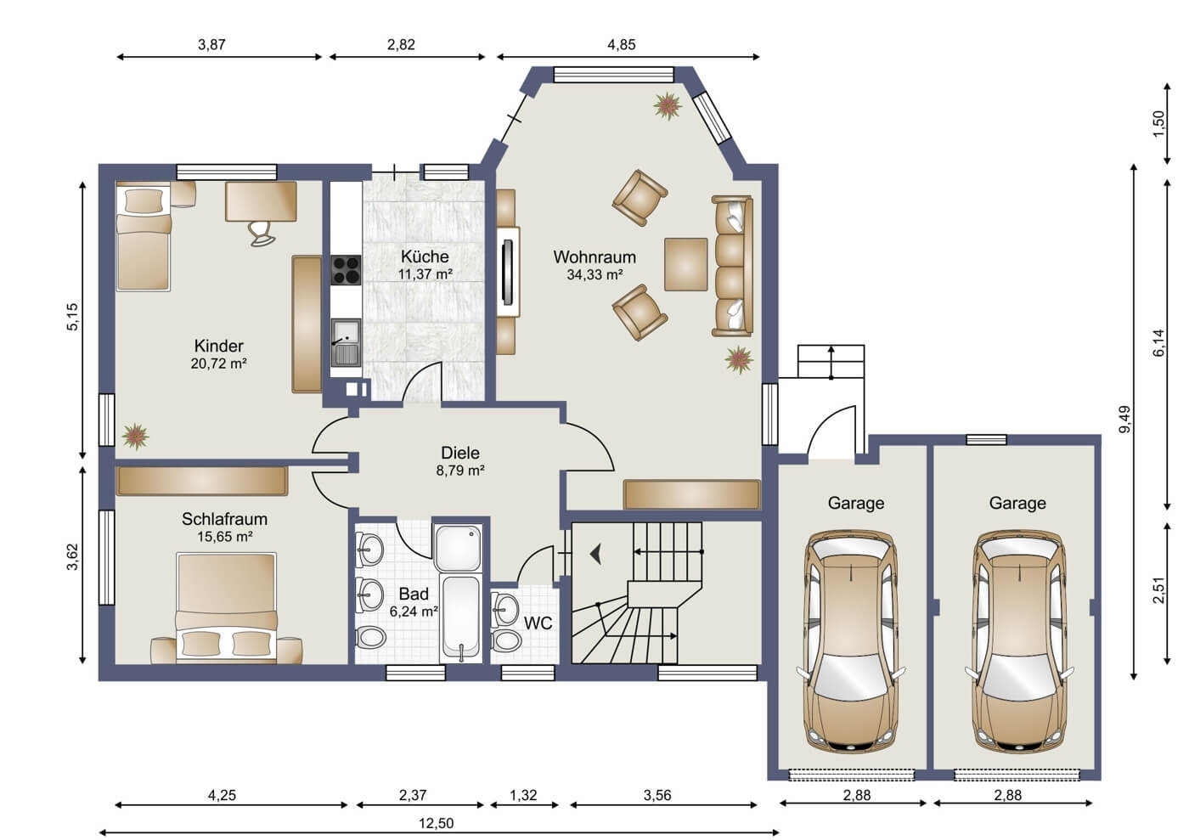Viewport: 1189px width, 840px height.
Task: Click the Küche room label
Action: click(x=425, y=257)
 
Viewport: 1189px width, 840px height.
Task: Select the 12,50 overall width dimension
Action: click(x=437, y=823)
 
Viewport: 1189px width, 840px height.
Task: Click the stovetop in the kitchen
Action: click(x=347, y=270)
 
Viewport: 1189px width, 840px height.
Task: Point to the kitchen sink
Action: click(x=347, y=343)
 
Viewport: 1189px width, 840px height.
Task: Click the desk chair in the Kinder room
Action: click(x=262, y=234)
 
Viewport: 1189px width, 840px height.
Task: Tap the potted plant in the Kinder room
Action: click(x=135, y=437)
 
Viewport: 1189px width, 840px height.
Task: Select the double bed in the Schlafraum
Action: click(x=227, y=608)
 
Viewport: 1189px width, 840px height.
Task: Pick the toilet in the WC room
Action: click(x=506, y=640)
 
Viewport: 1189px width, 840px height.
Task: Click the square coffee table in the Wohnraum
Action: click(x=686, y=264)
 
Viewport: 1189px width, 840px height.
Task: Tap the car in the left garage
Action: click(x=851, y=641)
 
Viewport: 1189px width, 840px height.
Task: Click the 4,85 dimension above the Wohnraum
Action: click(x=622, y=45)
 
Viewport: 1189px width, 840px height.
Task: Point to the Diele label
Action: click(x=460, y=453)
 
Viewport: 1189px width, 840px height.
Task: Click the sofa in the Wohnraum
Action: click(x=732, y=266)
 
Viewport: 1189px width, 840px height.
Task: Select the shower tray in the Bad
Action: click(x=458, y=548)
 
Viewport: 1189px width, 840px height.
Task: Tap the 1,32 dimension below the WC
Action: click(x=523, y=795)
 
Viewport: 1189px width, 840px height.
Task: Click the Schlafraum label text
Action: click(x=224, y=519)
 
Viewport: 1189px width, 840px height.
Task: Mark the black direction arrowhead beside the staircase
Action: click(x=596, y=554)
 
